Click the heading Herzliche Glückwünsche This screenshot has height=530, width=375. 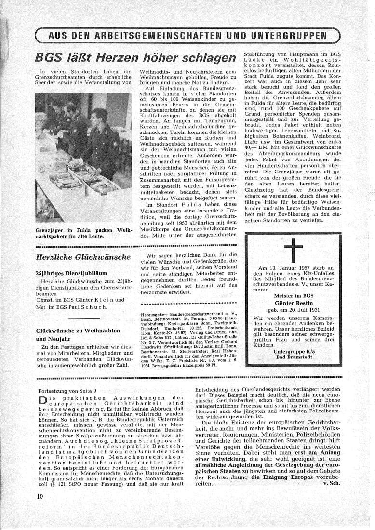click(x=81, y=257)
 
